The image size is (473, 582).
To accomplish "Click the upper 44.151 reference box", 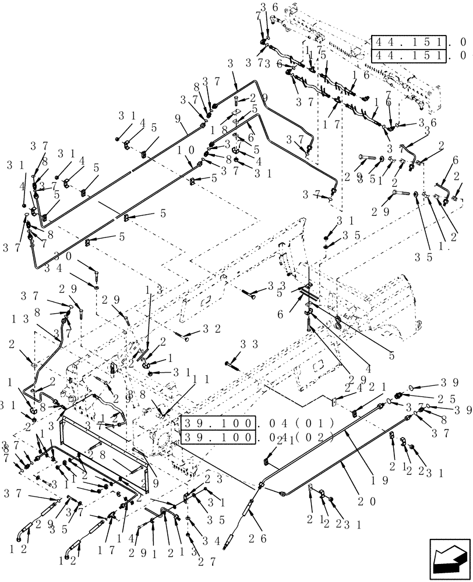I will pos(409,43).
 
